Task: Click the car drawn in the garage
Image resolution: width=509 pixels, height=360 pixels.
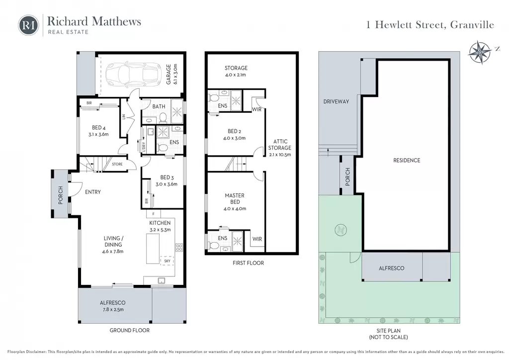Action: click(x=133, y=74)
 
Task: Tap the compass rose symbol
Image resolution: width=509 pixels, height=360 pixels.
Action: click(x=480, y=52)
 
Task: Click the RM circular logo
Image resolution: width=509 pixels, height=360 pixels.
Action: click(x=28, y=25)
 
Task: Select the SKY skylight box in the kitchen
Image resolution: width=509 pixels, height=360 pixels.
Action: click(x=167, y=261)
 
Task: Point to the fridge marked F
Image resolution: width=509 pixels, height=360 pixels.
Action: click(x=154, y=214)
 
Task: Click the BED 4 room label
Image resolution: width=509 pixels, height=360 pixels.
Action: click(x=99, y=128)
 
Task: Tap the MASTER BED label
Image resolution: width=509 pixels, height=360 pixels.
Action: click(x=235, y=199)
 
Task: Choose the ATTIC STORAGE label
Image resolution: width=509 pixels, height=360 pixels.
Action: click(x=280, y=145)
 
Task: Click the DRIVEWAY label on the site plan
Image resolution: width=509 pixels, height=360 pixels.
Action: click(x=336, y=101)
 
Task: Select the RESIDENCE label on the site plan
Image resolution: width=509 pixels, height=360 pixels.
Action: click(x=407, y=161)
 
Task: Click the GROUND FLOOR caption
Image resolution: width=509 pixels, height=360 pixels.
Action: click(x=130, y=331)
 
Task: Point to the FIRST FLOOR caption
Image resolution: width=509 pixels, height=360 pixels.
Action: click(x=249, y=263)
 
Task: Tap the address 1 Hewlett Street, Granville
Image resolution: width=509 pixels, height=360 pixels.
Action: click(x=430, y=25)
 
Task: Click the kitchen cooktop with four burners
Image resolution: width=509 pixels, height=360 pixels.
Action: click(x=179, y=248)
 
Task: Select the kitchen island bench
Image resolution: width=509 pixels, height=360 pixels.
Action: click(x=153, y=249)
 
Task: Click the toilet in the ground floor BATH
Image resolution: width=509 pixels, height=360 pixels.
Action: click(x=163, y=118)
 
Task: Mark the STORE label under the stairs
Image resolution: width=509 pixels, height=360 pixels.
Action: click(x=117, y=164)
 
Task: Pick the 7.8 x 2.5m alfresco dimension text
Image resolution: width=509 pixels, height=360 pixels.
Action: click(x=113, y=310)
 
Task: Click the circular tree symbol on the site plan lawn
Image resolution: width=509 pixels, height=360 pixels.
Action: click(x=340, y=230)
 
